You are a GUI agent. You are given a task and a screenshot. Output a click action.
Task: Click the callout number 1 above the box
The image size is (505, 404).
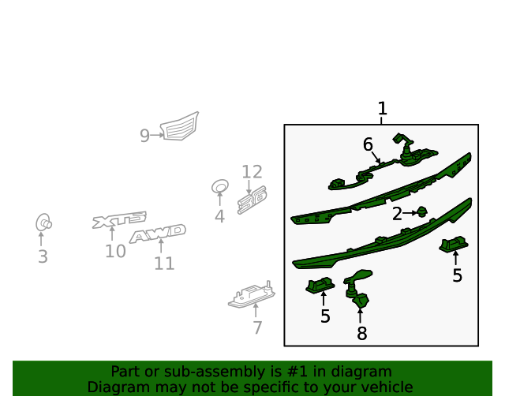[382, 108]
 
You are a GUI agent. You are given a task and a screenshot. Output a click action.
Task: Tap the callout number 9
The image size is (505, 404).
[144, 136]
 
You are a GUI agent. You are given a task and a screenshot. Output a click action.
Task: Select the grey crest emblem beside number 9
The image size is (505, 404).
[180, 126]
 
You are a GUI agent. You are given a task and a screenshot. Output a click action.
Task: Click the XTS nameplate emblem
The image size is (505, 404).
[119, 219]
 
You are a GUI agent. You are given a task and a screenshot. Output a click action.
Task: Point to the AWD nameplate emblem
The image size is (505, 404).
[158, 234]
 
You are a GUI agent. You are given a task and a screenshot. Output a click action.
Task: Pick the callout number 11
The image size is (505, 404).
[164, 264]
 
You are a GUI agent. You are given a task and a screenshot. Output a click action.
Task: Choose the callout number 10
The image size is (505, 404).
[115, 251]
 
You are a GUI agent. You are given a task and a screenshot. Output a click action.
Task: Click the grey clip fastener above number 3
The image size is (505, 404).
[43, 223]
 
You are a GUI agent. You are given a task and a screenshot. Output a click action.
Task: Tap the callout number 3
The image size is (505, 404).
[43, 256]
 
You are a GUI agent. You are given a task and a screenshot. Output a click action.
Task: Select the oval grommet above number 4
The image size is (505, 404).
[220, 186]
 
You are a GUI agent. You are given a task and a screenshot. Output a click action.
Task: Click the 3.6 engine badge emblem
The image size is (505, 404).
[252, 200]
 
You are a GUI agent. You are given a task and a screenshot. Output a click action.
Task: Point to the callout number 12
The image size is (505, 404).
[252, 172]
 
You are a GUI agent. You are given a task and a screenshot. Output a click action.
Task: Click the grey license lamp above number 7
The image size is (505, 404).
[252, 294]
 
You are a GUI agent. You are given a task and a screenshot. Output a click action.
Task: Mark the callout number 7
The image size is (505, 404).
[257, 328]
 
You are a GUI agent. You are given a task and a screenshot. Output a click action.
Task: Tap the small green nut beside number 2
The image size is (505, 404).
[422, 211]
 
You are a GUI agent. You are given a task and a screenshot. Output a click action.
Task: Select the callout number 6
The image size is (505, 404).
[368, 144]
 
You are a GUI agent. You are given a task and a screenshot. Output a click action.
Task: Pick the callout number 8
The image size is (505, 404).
[362, 334]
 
